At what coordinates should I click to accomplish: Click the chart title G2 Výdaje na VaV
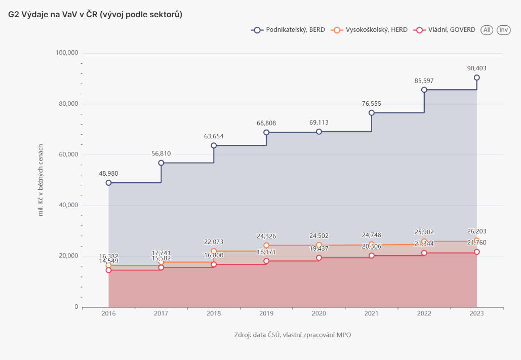pyautogui.click(x=95, y=15)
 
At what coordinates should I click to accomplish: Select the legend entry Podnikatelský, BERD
pyautogui.click(x=288, y=30)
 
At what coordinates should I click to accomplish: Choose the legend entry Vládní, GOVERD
pyautogui.click(x=445, y=30)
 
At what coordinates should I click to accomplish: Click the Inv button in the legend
pyautogui.click(x=503, y=30)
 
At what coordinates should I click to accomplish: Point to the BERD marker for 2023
pyautogui.click(x=476, y=77)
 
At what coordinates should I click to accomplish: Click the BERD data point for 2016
pyautogui.click(x=108, y=183)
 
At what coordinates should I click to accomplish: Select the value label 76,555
pyautogui.click(x=372, y=104)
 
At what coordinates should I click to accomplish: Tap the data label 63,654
pyautogui.click(x=214, y=136)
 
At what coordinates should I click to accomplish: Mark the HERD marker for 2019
pyautogui.click(x=266, y=246)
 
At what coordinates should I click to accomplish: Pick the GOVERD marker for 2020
pyautogui.click(x=319, y=258)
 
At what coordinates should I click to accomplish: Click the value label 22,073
pyautogui.click(x=214, y=242)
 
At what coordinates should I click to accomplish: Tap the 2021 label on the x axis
pyautogui.click(x=372, y=314)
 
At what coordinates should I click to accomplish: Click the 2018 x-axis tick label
pyautogui.click(x=214, y=314)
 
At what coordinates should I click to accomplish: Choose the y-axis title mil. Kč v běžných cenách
pyautogui.click(x=41, y=180)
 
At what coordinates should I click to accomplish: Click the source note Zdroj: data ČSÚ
pyautogui.click(x=293, y=335)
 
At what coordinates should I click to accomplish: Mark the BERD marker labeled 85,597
pyautogui.click(x=424, y=90)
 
